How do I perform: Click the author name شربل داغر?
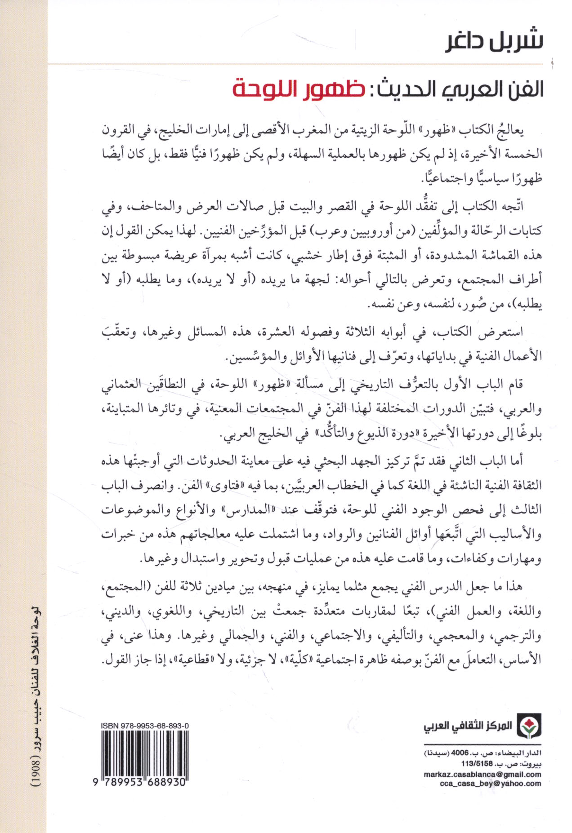click(494, 41)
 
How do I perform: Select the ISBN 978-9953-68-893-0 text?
click(145, 725)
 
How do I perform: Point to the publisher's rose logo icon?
click(529, 726)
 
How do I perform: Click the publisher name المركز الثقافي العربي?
click(468, 726)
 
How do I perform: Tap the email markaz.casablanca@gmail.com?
click(483, 774)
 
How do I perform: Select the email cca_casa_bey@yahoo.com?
click(491, 783)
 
